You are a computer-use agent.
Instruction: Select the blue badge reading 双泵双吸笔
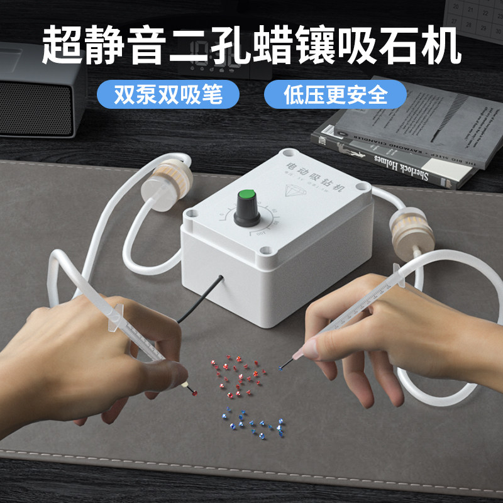tap(168, 95)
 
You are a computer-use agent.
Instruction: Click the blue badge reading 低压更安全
tap(335, 95)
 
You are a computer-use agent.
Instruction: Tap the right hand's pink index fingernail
tap(310, 345)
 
